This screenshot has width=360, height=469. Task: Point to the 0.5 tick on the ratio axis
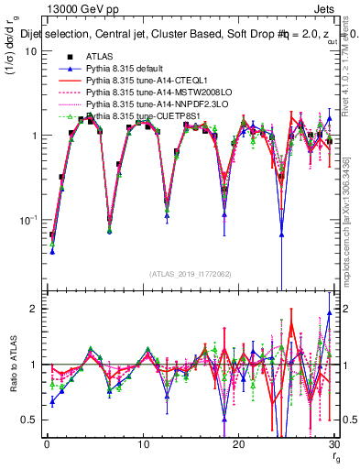pos(29,420)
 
